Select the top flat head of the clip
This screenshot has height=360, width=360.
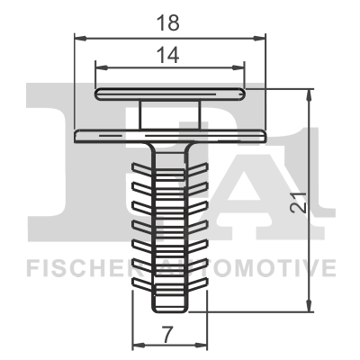(170, 93)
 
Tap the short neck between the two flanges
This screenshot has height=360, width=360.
(170, 114)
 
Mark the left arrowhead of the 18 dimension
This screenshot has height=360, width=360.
(77, 38)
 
